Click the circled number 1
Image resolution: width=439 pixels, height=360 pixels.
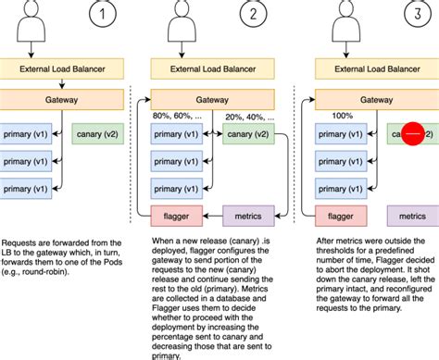[103, 14]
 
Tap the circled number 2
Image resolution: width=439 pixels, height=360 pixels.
[253, 14]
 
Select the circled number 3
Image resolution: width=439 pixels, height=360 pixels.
[418, 14]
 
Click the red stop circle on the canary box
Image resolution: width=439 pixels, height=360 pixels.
[413, 133]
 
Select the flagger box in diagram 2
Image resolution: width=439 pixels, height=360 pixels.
[177, 216]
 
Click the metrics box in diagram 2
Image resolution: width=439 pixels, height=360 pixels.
[248, 216]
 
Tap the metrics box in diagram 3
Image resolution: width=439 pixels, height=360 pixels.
[413, 216]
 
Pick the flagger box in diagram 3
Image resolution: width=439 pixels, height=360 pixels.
[341, 216]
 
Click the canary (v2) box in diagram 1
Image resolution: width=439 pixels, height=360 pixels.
[97, 134]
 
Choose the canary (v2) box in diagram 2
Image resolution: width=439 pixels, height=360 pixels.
[248, 134]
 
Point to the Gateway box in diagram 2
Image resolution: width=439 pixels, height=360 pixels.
[212, 100]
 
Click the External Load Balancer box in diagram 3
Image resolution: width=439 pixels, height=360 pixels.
[377, 68]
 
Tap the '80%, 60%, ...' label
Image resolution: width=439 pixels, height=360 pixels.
[177, 116]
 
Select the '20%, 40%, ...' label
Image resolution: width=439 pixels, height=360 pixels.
[249, 118]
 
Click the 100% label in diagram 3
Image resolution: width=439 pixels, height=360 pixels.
[343, 116]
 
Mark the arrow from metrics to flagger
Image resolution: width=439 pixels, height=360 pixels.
[213, 216]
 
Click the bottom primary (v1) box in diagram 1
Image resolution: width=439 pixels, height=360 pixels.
[26, 189]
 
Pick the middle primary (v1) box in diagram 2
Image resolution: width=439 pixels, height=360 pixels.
[177, 161]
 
